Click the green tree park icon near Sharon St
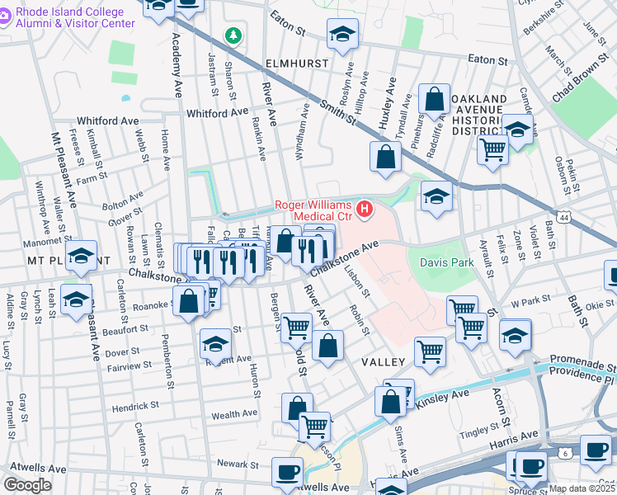click(x=234, y=35)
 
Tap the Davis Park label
click(x=448, y=262)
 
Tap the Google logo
click(x=28, y=485)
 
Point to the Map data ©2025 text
click(x=582, y=488)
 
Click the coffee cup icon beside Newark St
click(x=286, y=471)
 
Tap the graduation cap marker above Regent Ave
click(x=215, y=342)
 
